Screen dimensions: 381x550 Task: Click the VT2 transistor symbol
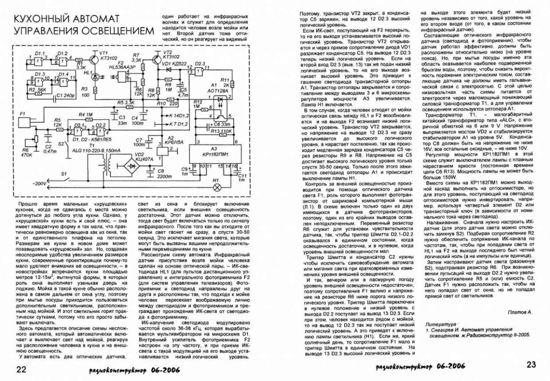157,58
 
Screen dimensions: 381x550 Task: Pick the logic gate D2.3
200,70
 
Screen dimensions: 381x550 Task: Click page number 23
531,364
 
